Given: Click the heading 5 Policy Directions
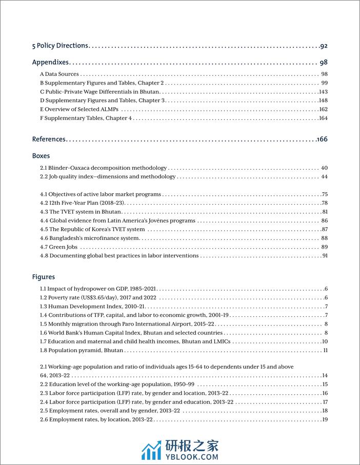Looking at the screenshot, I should pos(60,46).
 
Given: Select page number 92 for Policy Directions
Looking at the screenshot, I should pos(324,46).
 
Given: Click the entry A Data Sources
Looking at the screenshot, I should pos(59,74).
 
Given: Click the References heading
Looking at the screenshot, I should pos(49,139).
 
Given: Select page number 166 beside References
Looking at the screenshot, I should pos(322,139).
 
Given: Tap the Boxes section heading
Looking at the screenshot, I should pos(41,155).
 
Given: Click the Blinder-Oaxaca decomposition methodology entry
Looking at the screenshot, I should pos(104,168).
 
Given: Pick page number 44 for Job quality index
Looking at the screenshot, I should pos(324,177).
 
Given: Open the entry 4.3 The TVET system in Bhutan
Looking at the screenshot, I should pos(81,212).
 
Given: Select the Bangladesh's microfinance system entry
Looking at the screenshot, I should pos(90,238).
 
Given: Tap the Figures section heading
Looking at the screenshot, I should pos(44,277).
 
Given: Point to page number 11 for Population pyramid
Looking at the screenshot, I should pos(325,351).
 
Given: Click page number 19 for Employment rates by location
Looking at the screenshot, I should pos(324,420).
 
